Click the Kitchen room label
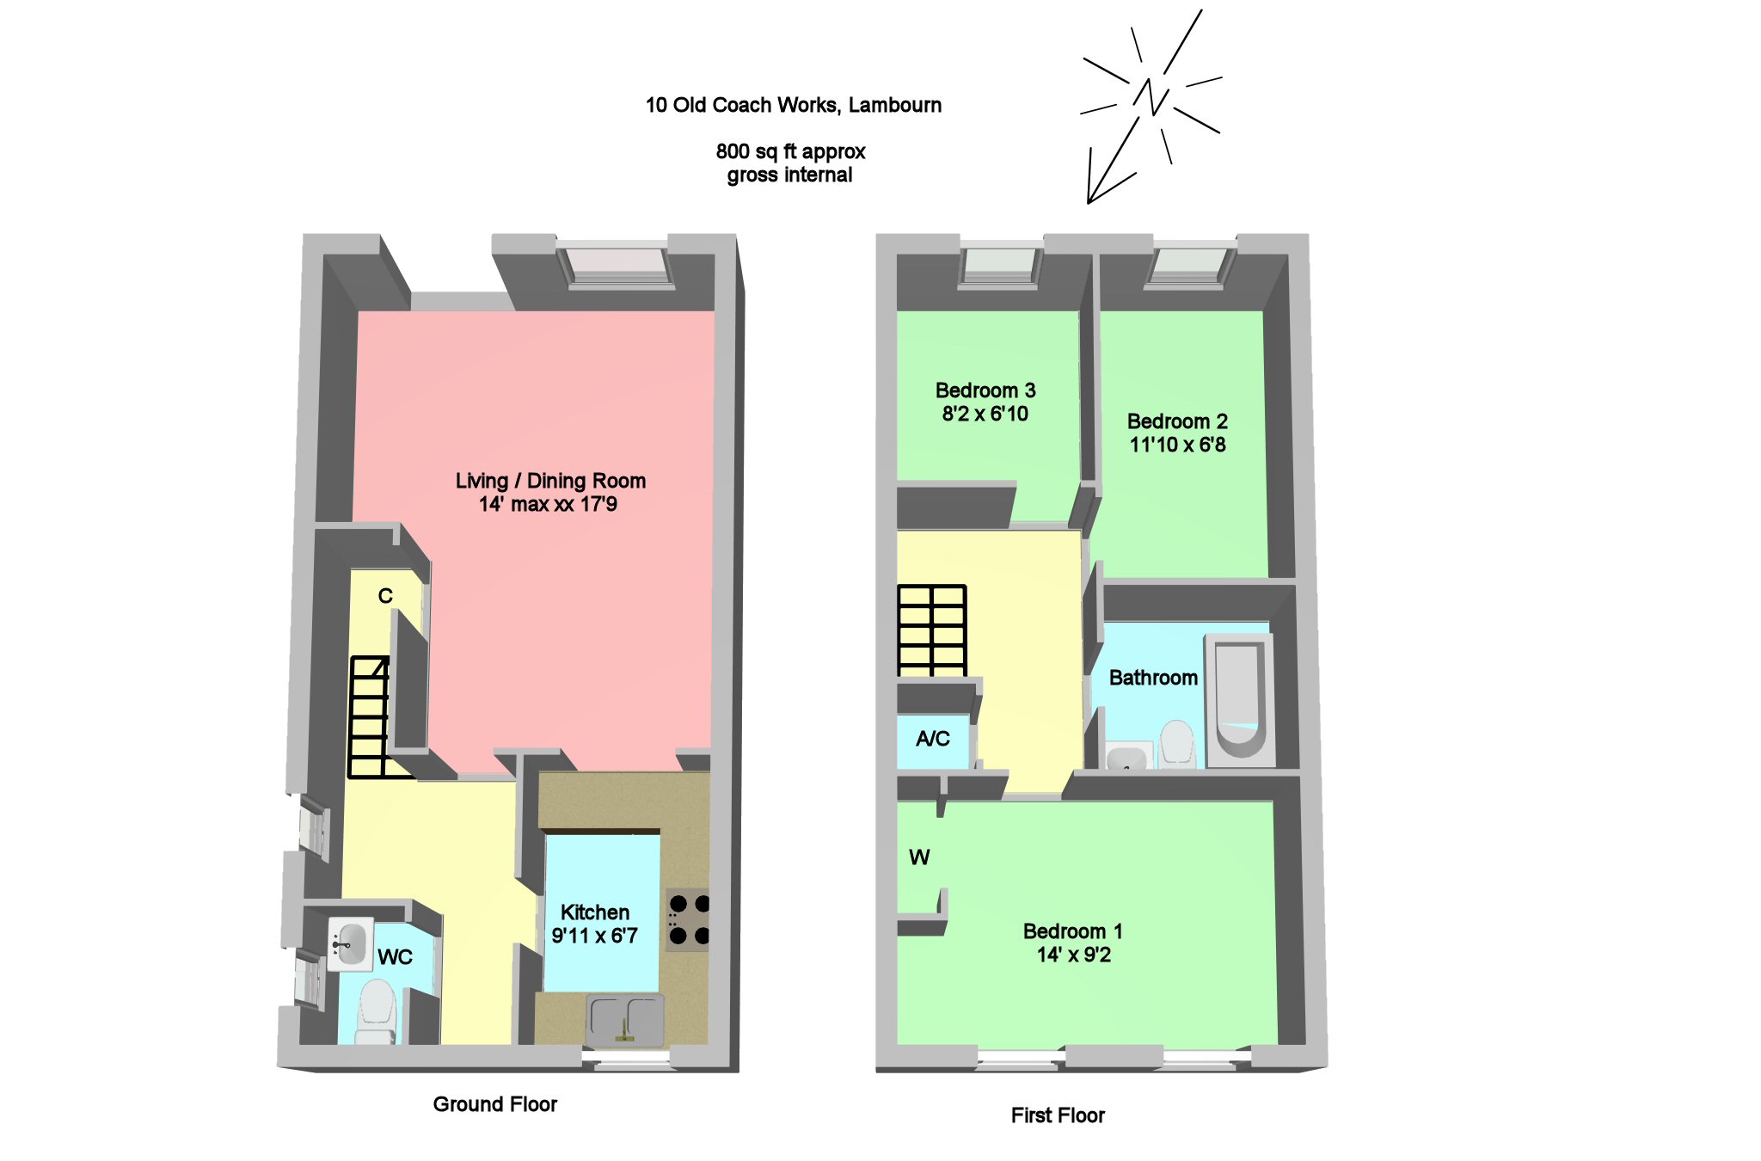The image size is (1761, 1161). (x=594, y=912)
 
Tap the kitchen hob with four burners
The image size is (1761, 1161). (x=690, y=919)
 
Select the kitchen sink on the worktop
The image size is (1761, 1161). (x=625, y=1020)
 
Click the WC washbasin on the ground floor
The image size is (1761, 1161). (x=350, y=943)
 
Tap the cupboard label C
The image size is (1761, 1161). (x=385, y=596)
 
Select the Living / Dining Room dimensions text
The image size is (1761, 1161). (x=548, y=505)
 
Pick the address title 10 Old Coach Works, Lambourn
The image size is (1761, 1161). (x=793, y=105)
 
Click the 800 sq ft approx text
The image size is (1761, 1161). (x=790, y=152)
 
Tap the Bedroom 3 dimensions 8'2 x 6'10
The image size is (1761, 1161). (x=985, y=415)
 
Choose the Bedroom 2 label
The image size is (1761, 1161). (x=1176, y=421)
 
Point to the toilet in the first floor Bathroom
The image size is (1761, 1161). (x=1177, y=743)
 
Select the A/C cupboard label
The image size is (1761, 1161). (x=933, y=739)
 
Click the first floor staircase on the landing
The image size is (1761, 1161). (x=932, y=630)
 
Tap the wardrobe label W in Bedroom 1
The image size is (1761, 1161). (x=919, y=857)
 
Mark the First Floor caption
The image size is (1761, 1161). (x=1057, y=1115)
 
